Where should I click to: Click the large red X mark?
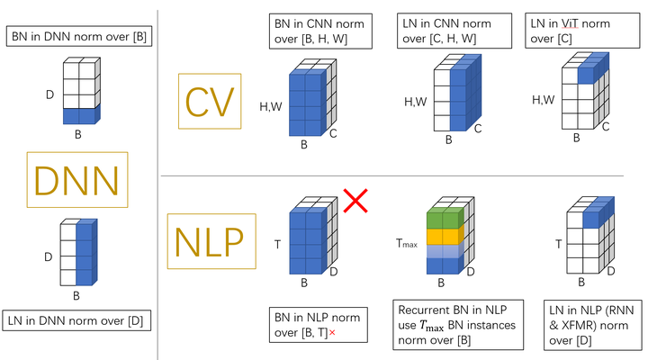tap(355, 200)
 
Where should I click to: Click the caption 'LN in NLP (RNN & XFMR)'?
tap(589, 325)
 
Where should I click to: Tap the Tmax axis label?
tap(408, 244)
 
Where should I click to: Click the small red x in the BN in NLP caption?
tap(333, 334)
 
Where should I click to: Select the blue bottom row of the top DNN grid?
tap(80, 115)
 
